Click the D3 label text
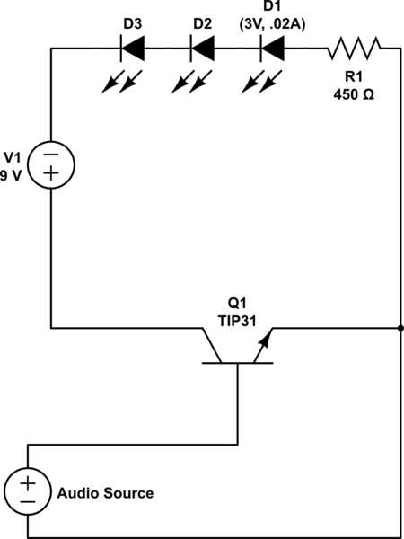133,24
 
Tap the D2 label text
203,24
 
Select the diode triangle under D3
133,49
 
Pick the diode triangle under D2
203,49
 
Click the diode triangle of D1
273,49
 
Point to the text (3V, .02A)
272,25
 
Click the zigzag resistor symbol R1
354,49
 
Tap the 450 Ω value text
354,94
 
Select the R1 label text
354,77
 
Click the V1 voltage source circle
51,142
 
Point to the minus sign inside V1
51,155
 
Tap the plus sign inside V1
51,173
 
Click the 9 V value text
10,176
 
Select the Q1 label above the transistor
237,304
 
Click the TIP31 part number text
237,321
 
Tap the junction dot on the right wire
400,328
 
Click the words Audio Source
105,493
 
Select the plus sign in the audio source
28,484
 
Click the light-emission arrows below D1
262,82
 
